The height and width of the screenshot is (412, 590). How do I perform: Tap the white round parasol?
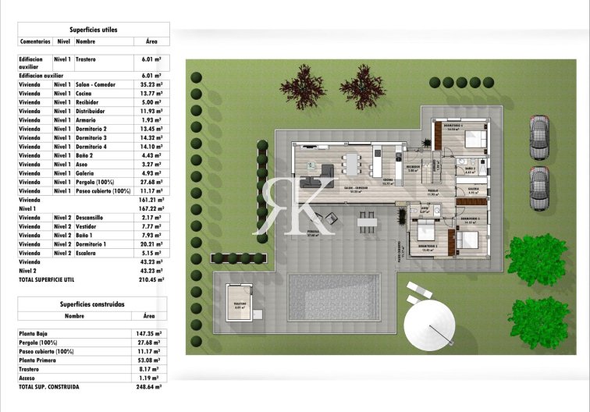(x=428, y=325)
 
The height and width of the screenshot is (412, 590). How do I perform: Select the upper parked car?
(x=538, y=137)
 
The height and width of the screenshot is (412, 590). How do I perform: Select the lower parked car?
(x=538, y=188)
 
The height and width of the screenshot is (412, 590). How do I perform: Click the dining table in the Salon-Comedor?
(x=352, y=165)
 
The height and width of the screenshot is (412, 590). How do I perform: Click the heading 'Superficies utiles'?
(x=93, y=29)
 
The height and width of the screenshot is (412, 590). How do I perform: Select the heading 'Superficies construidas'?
(x=92, y=304)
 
